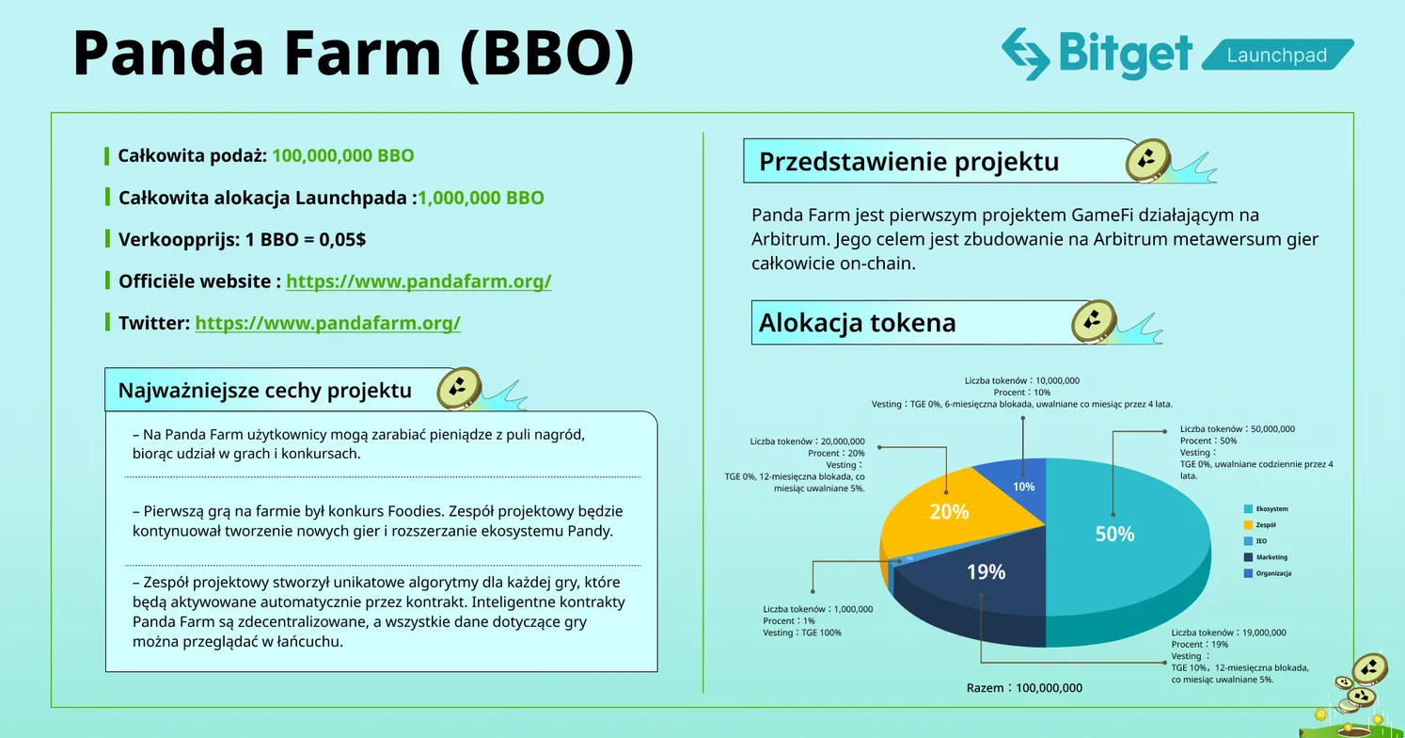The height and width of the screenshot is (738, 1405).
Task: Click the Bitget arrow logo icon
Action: (1024, 54)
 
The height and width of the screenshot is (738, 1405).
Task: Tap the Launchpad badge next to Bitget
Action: (1277, 56)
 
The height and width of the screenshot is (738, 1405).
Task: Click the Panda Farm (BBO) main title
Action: (354, 54)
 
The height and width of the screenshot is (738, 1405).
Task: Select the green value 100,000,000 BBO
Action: (342, 155)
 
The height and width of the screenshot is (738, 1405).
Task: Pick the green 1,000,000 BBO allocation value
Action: (481, 198)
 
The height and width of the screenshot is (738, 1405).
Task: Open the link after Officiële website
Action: (418, 281)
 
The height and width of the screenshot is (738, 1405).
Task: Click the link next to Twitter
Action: (327, 323)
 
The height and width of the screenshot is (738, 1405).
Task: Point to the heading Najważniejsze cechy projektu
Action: (264, 390)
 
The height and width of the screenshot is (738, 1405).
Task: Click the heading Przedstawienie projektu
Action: (908, 162)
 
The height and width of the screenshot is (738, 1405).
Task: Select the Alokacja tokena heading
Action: (857, 323)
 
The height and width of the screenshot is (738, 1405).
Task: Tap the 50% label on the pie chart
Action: (1114, 534)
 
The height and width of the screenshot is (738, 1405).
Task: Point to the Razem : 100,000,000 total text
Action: (1024, 688)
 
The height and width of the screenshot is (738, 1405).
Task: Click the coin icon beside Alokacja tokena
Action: (1094, 322)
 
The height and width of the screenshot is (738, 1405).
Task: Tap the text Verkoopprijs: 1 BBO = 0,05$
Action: (242, 240)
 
